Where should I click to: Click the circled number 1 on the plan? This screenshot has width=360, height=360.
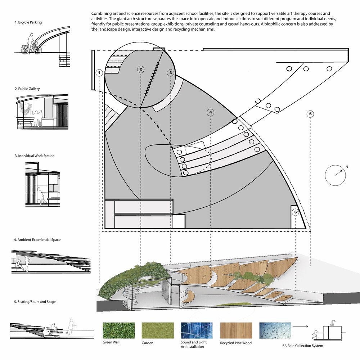(99, 73)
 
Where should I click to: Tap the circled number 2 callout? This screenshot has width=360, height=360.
(141, 69)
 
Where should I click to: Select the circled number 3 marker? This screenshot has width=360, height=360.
(171, 73)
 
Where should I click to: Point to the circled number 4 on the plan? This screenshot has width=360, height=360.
(211, 112)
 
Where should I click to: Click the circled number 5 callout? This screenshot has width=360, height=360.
(310, 114)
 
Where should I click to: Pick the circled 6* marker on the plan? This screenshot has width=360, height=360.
(296, 212)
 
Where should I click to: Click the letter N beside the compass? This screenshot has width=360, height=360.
(347, 167)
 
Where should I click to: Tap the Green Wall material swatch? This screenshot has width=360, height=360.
(119, 330)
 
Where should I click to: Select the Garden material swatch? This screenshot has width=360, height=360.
(158, 330)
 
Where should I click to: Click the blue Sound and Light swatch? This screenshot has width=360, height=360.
(197, 330)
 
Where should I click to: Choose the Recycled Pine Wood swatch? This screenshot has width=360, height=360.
(236, 330)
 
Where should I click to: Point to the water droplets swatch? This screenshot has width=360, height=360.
(275, 330)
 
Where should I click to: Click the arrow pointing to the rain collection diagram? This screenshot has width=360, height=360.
(300, 326)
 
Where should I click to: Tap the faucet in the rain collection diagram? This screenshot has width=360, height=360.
(333, 323)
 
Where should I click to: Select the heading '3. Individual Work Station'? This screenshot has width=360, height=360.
(35, 156)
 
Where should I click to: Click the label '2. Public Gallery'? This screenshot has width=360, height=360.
(27, 89)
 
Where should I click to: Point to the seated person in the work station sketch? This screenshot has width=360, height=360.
(40, 195)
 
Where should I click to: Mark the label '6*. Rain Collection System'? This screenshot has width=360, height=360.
(303, 346)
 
